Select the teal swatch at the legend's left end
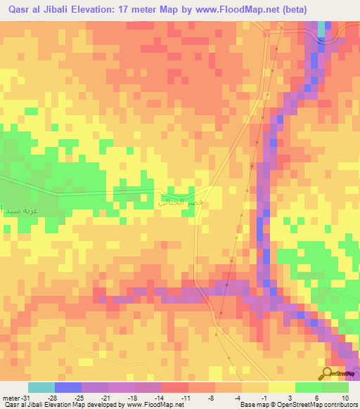pos(41,387)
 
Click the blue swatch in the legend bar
pos(68,387)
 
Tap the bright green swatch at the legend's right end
pos(335,387)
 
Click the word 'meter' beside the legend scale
pos(9,396)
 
